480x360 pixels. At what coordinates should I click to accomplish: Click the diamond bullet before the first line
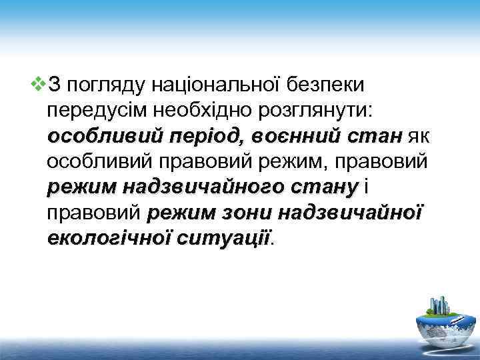pos(39,85)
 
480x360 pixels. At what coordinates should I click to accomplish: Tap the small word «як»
pos(420,137)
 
